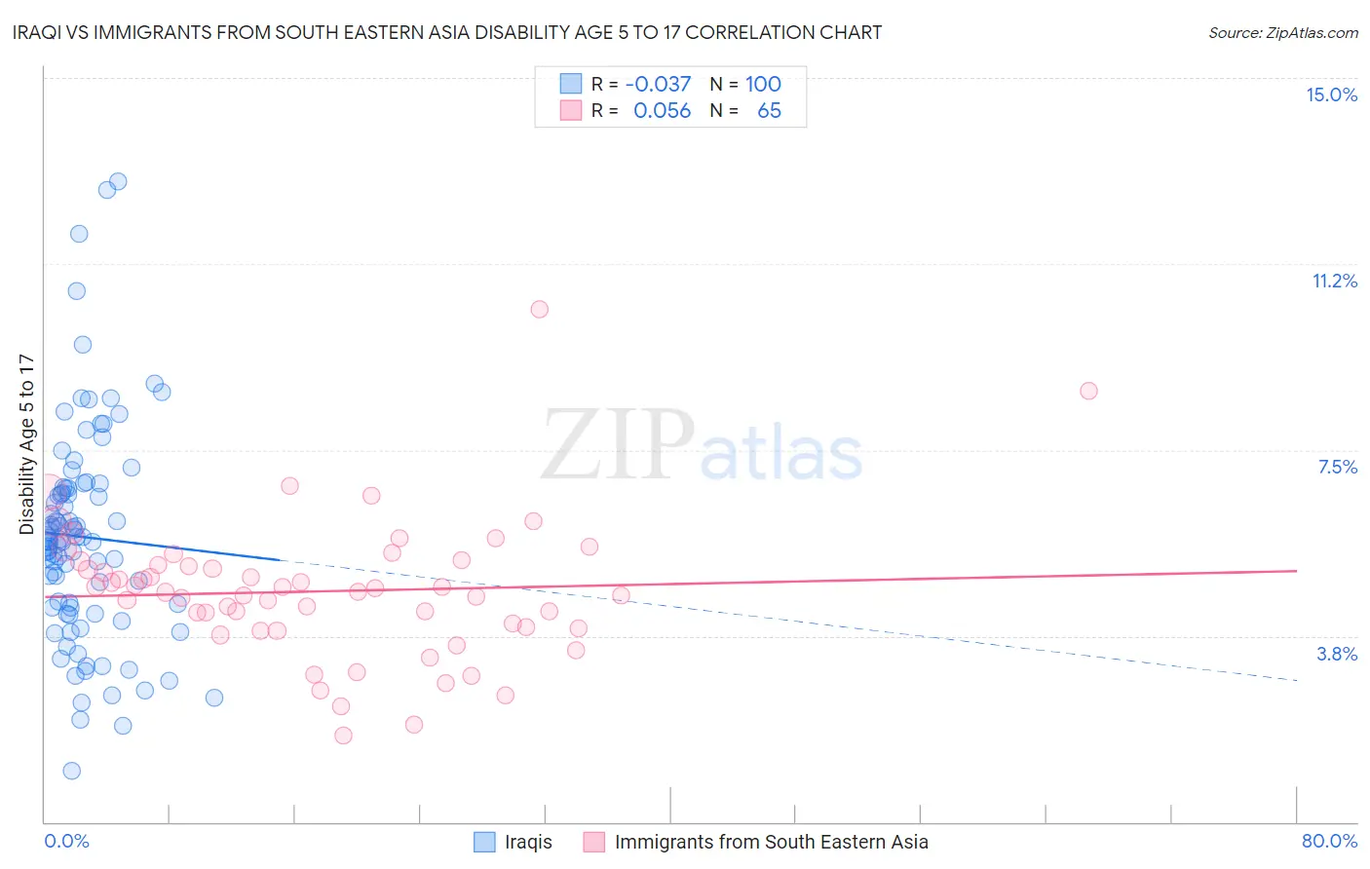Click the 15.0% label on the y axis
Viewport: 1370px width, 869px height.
click(x=1331, y=94)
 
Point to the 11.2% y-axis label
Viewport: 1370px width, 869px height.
click(x=1334, y=281)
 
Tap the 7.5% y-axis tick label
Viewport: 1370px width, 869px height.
click(x=1337, y=467)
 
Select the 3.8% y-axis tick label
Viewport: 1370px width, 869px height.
click(x=1337, y=654)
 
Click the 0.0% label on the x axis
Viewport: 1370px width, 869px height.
click(x=66, y=841)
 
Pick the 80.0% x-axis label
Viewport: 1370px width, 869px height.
click(x=1329, y=841)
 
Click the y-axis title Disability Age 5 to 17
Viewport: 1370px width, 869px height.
click(x=26, y=444)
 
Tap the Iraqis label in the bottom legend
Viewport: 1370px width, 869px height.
click(x=528, y=842)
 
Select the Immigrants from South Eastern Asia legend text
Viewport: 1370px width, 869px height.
click(x=771, y=842)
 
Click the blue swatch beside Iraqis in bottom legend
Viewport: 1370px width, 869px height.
click(x=484, y=842)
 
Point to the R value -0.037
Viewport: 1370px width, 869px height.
click(x=658, y=84)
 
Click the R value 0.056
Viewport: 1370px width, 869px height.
click(x=662, y=110)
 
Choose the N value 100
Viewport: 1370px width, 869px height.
click(x=763, y=84)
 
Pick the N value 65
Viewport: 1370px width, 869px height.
click(x=769, y=110)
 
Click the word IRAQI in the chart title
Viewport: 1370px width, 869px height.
click(x=37, y=32)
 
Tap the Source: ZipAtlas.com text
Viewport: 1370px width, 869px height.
click(x=1282, y=32)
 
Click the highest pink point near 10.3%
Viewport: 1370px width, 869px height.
click(x=539, y=309)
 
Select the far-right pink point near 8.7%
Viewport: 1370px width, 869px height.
click(x=1088, y=391)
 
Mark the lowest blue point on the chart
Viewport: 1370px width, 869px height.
click(x=71, y=771)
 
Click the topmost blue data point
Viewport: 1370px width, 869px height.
click(x=118, y=181)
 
